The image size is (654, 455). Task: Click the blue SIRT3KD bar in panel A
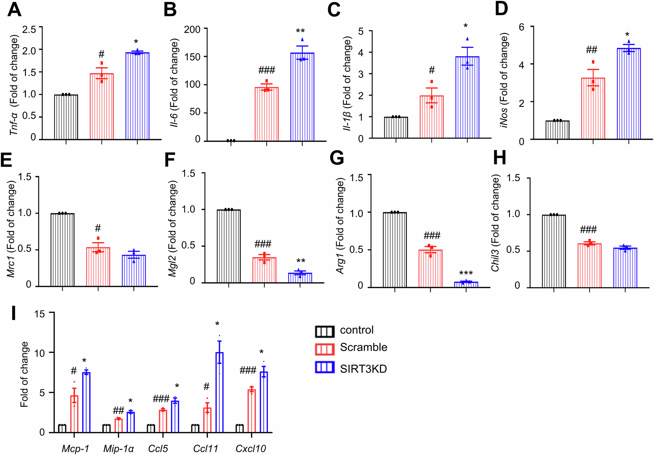tap(137, 96)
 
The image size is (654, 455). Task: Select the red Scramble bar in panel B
tap(267, 114)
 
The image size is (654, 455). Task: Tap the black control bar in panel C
tap(396, 127)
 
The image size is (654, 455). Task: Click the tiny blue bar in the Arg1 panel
tap(466, 284)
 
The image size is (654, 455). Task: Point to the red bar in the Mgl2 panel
tap(264, 270)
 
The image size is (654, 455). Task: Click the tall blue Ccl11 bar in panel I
tap(220, 392)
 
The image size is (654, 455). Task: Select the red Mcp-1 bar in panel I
tap(74, 414)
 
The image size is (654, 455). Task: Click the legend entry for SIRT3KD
tap(363, 369)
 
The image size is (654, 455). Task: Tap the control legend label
tap(357, 330)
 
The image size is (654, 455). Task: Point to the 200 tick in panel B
tap(192, 29)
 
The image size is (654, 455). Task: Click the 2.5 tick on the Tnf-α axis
tap(29, 29)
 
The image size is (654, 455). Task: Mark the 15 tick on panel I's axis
tap(39, 314)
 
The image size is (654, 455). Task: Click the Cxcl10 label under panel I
tap(251, 449)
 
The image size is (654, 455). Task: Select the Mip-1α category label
tap(119, 449)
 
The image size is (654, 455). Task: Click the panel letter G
tap(337, 158)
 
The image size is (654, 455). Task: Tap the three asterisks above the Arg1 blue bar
tap(466, 274)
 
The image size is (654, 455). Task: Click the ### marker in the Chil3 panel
tap(588, 229)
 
